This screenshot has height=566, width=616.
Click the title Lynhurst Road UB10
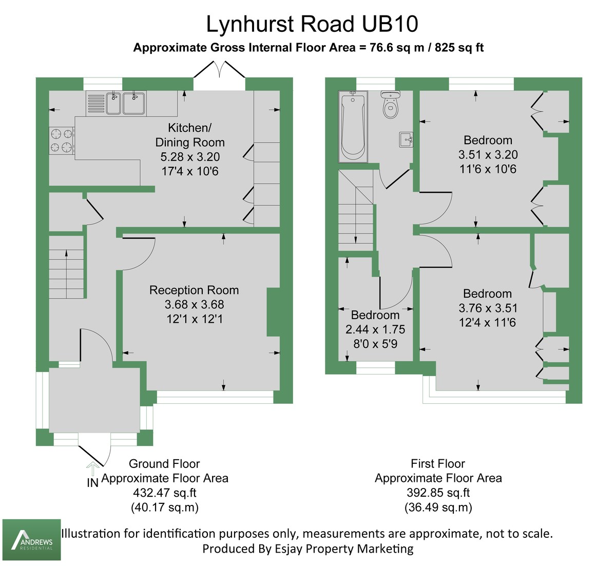312,24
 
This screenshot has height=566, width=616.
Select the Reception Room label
194,290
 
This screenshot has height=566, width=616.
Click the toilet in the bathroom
391,104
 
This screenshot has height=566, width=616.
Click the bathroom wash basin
407,139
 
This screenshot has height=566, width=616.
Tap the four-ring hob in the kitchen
61,141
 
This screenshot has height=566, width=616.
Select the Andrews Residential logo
32,539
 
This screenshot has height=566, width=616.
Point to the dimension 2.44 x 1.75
375,329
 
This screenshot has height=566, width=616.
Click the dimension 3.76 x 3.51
488,308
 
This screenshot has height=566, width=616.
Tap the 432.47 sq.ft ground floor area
164,493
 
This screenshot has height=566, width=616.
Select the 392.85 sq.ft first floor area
438,493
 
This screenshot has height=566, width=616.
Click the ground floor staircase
67,267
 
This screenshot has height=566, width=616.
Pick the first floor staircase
356,210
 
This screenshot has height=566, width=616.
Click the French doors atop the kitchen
220,70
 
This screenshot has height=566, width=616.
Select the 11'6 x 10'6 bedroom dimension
488,169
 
